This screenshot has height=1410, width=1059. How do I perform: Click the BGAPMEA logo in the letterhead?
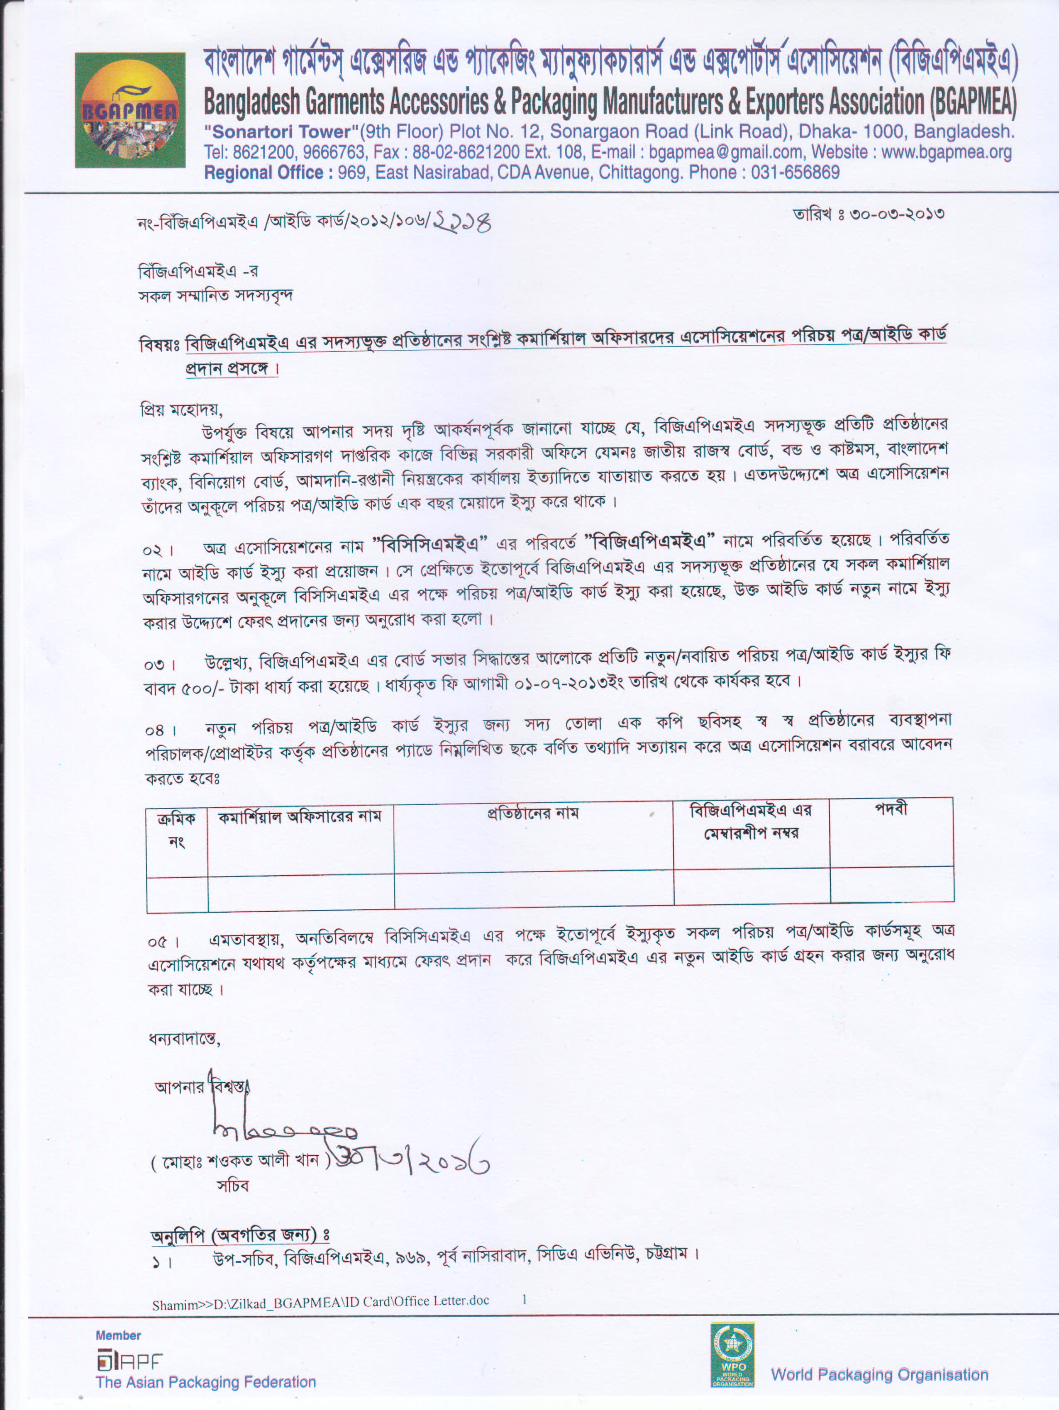(x=130, y=110)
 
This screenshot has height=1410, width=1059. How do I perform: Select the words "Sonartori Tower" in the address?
(x=278, y=132)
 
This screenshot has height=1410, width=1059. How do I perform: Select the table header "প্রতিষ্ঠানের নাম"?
(x=533, y=813)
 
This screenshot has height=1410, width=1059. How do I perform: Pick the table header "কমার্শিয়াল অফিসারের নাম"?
(x=300, y=816)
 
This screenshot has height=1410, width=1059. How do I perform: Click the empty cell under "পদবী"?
(x=891, y=884)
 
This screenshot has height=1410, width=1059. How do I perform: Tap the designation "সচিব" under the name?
(x=233, y=1186)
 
